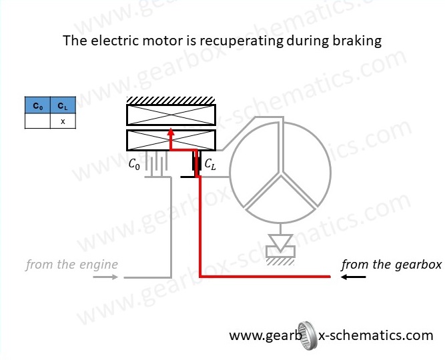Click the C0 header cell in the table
click(x=37, y=107)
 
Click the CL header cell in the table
click(x=63, y=107)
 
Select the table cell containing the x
click(x=63, y=121)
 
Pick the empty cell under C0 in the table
click(x=37, y=121)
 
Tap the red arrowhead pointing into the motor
click(x=171, y=132)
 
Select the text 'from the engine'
click(x=72, y=265)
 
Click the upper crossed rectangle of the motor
click(x=171, y=116)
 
